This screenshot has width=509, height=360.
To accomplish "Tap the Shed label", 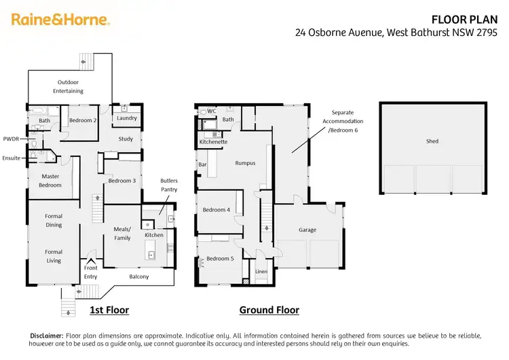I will (x=432, y=141).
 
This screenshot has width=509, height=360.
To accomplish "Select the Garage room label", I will (x=307, y=230).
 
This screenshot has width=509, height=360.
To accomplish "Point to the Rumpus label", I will (x=245, y=163).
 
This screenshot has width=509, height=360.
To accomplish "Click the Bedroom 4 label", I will (x=216, y=210).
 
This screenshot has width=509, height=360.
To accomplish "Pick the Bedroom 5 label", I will (x=220, y=259).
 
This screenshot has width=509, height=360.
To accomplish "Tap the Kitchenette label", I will (x=213, y=142).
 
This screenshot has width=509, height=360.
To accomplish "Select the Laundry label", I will (x=127, y=118).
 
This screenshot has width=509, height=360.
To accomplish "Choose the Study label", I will (x=126, y=139).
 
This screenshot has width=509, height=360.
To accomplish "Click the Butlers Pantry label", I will (x=169, y=185).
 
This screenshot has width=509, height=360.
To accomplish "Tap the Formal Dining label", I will (x=54, y=221).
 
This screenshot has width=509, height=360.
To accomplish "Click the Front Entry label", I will (x=90, y=272).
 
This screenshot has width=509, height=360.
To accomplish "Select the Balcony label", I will (x=138, y=276).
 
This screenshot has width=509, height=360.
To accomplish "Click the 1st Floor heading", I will (x=109, y=310).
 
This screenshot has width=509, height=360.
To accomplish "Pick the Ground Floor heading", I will (x=269, y=310).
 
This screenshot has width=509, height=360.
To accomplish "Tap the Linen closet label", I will (x=261, y=272).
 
